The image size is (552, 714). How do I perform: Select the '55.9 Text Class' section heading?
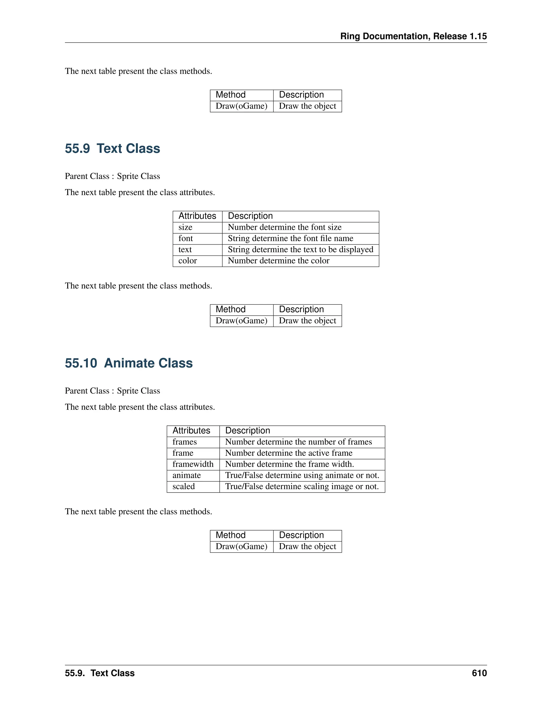pos(112,148)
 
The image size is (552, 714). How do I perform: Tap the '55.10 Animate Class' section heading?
pos(129,363)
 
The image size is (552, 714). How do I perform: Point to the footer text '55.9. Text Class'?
pos(100,673)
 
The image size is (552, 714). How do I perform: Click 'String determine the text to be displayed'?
pos(300,249)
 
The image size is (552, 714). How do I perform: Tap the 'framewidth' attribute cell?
pos(193,464)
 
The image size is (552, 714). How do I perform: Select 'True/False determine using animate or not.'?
pos(302,475)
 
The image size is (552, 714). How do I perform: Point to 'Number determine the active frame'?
pos(289,453)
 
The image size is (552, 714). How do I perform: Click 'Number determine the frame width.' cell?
pos(289,464)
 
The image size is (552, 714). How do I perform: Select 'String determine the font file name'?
pos(290,238)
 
